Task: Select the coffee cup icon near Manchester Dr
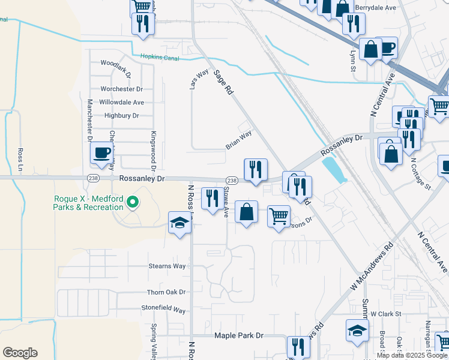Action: (x=102, y=153)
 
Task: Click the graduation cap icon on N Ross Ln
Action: (x=179, y=224)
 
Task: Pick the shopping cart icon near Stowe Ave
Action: (x=279, y=217)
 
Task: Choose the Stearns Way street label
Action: (x=167, y=266)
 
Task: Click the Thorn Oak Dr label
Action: (x=166, y=292)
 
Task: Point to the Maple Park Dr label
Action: (x=239, y=336)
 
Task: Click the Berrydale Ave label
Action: (x=376, y=8)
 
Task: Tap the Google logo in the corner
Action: (x=20, y=353)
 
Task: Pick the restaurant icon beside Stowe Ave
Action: (x=211, y=199)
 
